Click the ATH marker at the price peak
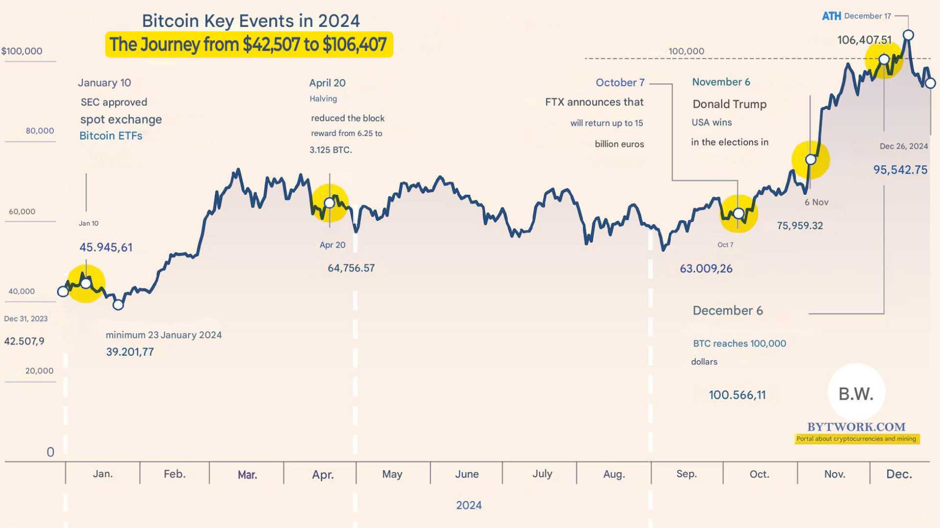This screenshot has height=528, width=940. tap(908, 35)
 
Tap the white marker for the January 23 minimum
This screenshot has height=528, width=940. tap(118, 305)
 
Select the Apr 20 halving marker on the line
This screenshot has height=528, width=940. tap(329, 203)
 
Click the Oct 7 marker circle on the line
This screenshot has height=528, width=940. tap(738, 213)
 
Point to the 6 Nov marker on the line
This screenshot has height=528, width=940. tap(811, 160)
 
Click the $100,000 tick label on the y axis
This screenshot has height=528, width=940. tap(22, 51)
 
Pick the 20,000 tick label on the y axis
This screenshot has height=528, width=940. tap(39, 370)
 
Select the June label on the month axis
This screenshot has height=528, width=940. tap(467, 474)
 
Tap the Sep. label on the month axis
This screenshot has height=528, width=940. tap(686, 474)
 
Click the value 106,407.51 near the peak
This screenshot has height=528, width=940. tap(864, 40)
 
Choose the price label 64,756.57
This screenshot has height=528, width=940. tap(351, 268)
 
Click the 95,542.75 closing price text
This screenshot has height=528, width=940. tap(900, 170)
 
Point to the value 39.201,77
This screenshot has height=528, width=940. tap(130, 352)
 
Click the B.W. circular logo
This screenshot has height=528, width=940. tap(856, 393)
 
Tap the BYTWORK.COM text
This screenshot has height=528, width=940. tap(856, 427)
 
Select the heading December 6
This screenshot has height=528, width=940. tap(728, 310)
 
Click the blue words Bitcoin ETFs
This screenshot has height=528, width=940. tap(111, 136)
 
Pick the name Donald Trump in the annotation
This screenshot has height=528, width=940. tap(729, 104)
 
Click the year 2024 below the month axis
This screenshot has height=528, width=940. tap(469, 505)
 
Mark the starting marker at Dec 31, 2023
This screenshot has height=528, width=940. tap(63, 292)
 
